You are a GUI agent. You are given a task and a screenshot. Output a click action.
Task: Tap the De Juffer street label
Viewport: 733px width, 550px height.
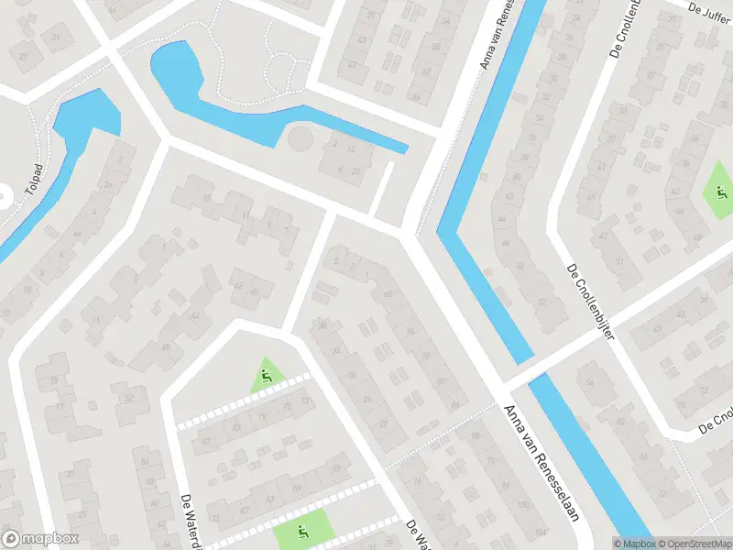708,11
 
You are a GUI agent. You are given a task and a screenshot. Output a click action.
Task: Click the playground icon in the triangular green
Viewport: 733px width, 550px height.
266,375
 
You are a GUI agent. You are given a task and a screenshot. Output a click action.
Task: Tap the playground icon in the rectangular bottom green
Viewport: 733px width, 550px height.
302,531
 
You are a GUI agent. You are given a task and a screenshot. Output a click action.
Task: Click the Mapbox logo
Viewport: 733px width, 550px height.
40,539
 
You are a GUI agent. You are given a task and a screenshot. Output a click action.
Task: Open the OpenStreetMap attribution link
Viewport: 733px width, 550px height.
694,543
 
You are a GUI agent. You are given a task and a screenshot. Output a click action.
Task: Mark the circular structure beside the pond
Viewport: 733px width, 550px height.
300,140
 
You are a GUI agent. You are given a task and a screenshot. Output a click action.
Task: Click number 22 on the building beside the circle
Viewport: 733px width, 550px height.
356,170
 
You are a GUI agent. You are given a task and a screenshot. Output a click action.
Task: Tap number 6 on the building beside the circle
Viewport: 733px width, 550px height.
340,169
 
